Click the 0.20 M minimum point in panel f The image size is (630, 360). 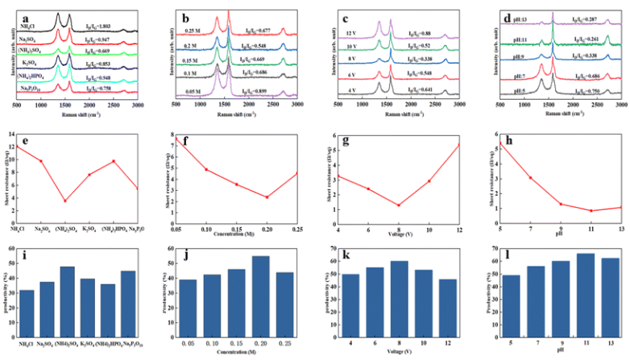[267, 197]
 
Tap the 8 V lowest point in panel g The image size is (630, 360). [399, 205]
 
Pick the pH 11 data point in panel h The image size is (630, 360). [591, 211]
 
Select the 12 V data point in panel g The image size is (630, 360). [459, 144]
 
